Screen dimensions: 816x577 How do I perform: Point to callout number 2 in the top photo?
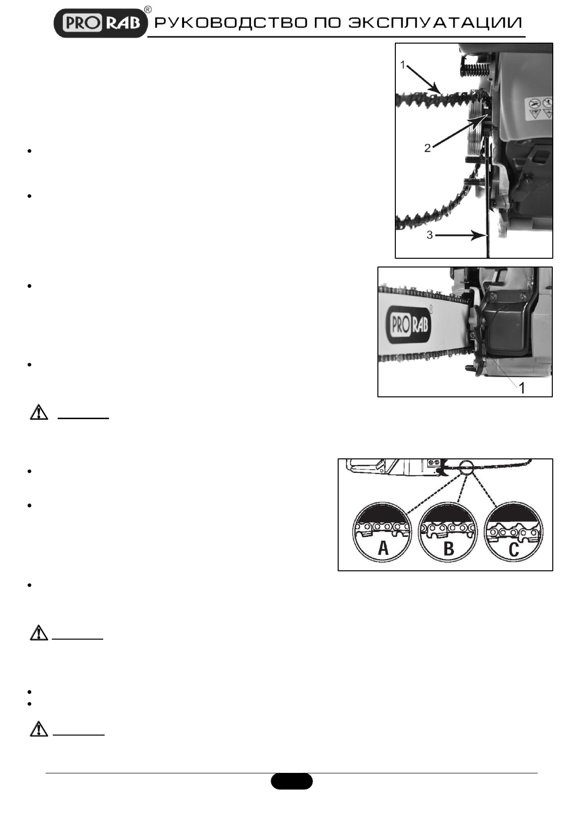click(427, 148)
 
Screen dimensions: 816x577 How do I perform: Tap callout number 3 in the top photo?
click(430, 236)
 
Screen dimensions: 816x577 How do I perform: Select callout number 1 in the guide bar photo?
click(522, 388)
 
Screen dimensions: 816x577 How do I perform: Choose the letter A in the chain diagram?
click(383, 549)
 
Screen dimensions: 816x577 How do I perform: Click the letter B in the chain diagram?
click(449, 549)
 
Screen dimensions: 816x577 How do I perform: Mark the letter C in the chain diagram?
click(514, 549)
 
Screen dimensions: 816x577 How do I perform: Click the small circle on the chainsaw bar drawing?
click(466, 468)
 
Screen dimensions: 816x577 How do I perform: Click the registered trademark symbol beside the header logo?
click(148, 10)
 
